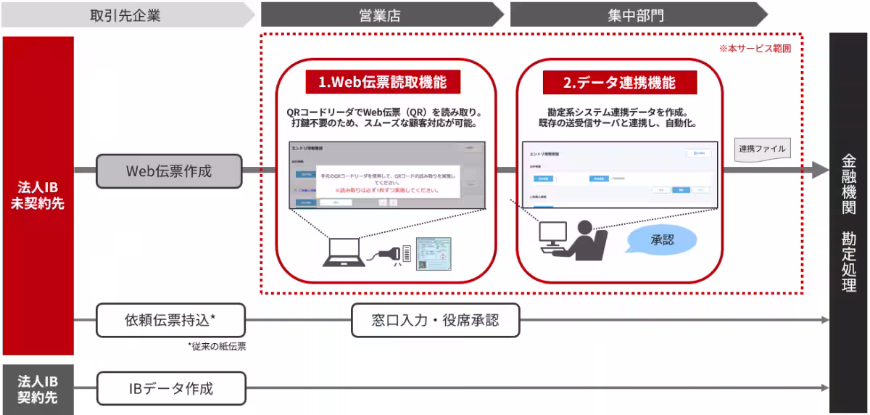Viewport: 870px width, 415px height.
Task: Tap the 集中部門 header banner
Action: click(631, 15)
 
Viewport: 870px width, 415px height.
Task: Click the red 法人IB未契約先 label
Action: click(38, 196)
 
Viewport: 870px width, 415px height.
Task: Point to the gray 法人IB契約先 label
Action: click(38, 389)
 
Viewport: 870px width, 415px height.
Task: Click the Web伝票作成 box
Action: click(168, 171)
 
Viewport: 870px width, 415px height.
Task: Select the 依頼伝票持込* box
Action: click(170, 320)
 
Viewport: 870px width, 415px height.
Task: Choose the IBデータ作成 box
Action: click(170, 388)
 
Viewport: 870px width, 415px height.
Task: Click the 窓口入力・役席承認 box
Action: click(435, 320)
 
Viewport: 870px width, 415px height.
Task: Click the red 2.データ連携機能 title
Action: click(619, 83)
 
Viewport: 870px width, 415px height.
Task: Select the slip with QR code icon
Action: click(433, 255)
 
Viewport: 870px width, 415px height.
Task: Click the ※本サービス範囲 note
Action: click(754, 49)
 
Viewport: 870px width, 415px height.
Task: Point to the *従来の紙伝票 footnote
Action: click(216, 347)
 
